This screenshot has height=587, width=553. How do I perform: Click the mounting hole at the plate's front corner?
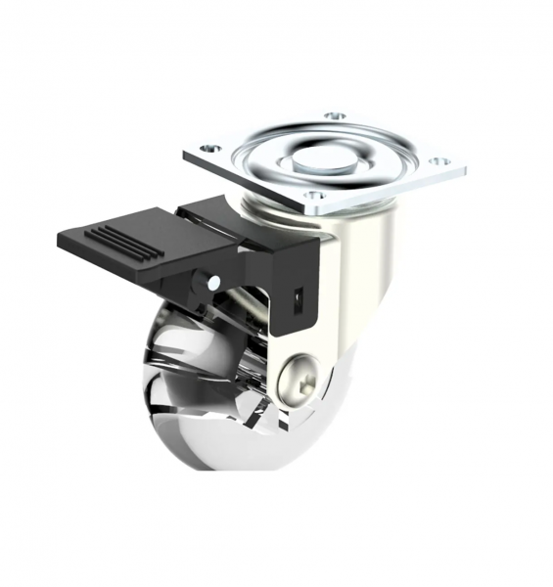coord(312,196)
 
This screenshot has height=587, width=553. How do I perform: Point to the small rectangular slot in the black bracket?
coord(298,293)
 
